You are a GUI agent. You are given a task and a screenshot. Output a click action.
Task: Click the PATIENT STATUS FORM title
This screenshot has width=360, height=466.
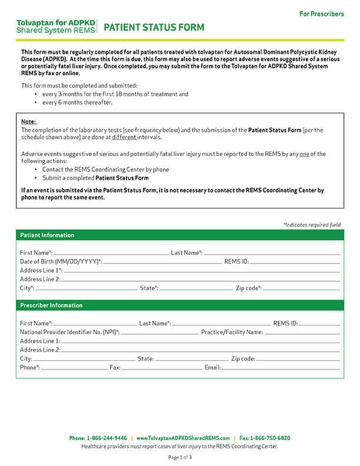coord(154,27)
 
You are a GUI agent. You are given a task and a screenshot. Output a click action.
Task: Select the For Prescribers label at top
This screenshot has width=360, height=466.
coord(321,14)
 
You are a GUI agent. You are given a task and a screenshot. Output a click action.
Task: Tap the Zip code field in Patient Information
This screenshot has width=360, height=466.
coord(301,288)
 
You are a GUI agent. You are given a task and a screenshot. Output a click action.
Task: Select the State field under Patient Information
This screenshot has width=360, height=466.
coord(194,288)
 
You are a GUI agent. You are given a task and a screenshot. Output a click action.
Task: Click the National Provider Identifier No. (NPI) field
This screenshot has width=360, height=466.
coord(159,332)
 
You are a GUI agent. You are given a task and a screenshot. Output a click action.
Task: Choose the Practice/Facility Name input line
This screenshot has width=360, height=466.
coord(301,332)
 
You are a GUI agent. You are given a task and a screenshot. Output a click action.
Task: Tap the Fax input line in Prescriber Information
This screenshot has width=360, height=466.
coord(160,367)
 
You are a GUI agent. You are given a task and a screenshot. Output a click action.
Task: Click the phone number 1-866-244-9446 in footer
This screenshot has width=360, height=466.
coord(106,438)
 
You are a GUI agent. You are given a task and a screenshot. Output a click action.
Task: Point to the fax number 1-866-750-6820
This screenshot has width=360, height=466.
coord(270,438)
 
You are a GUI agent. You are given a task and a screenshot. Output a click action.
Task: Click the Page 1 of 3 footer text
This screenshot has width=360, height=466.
coord(180,457)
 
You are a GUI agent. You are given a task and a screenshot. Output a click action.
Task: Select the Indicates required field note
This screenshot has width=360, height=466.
coord(312,225)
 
